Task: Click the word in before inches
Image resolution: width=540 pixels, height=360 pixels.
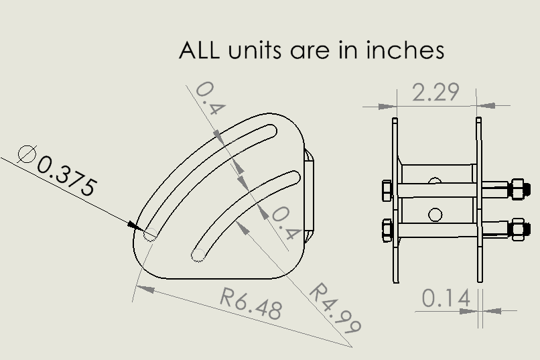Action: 354,50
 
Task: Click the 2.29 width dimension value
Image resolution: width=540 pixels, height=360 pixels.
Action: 435,92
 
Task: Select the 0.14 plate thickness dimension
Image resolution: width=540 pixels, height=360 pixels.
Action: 446,298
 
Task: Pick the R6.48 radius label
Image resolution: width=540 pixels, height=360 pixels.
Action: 252,304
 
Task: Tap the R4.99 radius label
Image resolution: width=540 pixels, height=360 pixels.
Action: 334,308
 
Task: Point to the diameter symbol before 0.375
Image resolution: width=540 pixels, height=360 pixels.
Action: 27,154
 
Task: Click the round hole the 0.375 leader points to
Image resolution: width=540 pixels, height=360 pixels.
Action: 151,234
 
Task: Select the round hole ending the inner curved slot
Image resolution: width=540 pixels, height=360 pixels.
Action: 198,255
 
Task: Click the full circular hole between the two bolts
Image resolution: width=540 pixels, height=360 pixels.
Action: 435,215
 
